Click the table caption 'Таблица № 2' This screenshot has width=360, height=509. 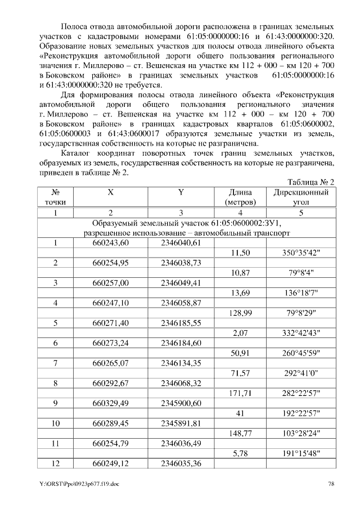click(311, 182)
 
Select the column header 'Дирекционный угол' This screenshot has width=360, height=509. click(301, 196)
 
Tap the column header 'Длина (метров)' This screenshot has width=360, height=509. click(241, 196)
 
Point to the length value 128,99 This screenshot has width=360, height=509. click(241, 313)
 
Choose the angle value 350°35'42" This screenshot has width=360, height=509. click(301, 253)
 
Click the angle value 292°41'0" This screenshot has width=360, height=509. click(301, 373)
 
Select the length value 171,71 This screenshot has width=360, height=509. click(241, 393)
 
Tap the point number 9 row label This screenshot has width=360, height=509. click(56, 403)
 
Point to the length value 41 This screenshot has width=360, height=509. click(241, 413)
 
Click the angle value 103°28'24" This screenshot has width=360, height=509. click(301, 434)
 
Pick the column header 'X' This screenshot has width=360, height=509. click(111, 192)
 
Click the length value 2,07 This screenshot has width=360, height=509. click(241, 333)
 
